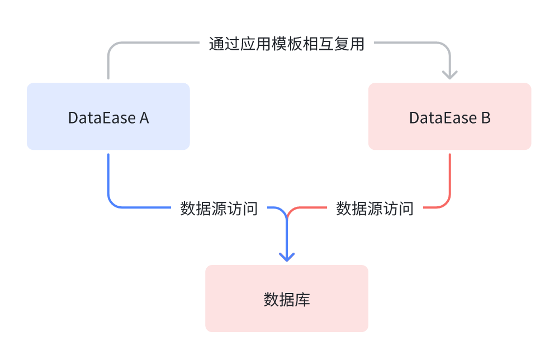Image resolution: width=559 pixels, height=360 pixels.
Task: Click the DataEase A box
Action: click(108, 116)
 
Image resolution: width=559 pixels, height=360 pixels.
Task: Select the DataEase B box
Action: click(449, 116)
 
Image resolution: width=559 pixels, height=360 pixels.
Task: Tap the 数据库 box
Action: click(287, 299)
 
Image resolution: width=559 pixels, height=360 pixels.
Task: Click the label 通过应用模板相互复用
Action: click(287, 44)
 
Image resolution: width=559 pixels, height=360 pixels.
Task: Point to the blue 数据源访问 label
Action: click(219, 209)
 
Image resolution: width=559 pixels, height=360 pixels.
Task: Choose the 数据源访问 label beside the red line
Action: click(375, 209)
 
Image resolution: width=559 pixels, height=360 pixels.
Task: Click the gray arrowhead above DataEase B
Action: click(449, 74)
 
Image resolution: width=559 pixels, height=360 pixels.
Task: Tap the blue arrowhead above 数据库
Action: click(287, 257)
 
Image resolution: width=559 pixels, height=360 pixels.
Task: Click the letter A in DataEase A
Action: click(144, 118)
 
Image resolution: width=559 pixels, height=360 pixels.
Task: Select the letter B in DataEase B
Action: click(485, 118)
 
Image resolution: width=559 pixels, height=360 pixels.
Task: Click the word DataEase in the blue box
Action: click(102, 118)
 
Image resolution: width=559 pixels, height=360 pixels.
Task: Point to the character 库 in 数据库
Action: click(302, 300)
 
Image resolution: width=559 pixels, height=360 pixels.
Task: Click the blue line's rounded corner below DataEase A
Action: click(112, 203)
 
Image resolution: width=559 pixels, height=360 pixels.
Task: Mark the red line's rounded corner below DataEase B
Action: click(446, 203)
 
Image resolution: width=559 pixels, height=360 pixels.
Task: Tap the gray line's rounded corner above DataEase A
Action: click(112, 47)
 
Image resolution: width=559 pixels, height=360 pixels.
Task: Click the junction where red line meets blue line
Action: click(287, 216)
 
